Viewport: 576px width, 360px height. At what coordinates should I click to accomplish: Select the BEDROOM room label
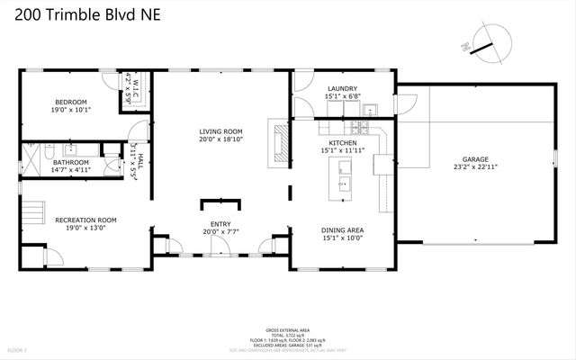pos(69,102)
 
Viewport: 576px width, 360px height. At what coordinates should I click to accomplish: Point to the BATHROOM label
pos(70,162)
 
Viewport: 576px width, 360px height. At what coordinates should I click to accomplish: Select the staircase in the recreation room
pos(33,214)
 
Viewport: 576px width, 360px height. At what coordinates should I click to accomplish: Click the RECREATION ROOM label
pos(85,220)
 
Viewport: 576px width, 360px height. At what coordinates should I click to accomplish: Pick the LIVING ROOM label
pos(220,132)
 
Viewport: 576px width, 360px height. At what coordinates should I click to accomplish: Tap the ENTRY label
pos(220,224)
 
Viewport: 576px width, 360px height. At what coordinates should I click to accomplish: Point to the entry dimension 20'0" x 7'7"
pos(220,232)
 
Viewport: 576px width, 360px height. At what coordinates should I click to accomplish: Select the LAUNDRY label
pos(342,88)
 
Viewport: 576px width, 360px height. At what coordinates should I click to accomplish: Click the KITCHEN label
pos(343,142)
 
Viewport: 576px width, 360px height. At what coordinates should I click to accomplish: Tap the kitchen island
pos(346,180)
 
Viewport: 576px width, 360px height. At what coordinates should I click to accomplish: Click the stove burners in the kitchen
pos(368,112)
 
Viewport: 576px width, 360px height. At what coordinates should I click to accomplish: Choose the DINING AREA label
pos(342,230)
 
